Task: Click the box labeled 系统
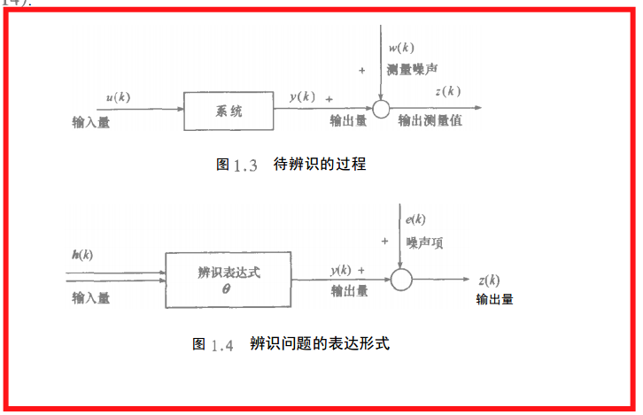229,111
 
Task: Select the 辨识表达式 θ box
229,280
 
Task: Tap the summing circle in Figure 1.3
381,109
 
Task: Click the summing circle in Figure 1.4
401,280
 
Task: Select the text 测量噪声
413,68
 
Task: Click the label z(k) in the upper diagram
448,91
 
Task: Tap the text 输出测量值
430,120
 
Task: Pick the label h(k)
82,255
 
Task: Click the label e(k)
415,219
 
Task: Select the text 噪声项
424,241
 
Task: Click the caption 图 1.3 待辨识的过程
291,165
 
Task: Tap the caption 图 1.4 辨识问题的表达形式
291,343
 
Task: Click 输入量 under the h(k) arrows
91,298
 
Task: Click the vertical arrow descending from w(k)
379,75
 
